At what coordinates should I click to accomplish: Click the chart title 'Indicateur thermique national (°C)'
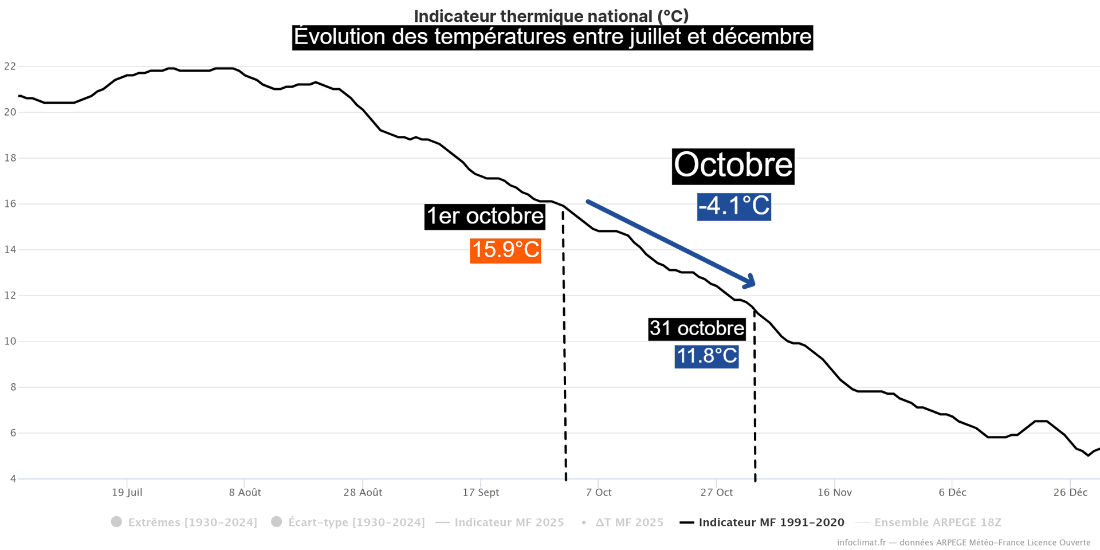551,16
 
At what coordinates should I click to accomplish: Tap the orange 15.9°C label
505,250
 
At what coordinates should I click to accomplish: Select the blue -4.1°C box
734,206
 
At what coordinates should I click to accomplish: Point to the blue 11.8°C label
706,356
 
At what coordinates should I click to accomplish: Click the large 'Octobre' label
733,166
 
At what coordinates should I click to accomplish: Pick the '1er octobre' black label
485,217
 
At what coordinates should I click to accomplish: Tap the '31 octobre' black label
697,329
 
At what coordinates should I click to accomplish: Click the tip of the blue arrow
754,284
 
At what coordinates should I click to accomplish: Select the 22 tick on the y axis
10,66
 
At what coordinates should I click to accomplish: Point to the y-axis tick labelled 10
10,341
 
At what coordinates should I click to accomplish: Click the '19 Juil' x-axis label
127,493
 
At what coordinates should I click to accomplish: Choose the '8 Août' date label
245,493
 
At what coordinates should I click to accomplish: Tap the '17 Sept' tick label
481,493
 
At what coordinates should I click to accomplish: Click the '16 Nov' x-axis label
835,493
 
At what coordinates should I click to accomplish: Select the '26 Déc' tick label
1070,493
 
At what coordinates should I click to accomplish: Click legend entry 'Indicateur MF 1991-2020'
771,522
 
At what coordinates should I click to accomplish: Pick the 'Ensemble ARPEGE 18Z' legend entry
937,522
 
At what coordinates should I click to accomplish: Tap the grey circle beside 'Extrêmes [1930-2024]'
116,522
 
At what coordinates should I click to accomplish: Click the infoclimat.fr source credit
964,543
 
